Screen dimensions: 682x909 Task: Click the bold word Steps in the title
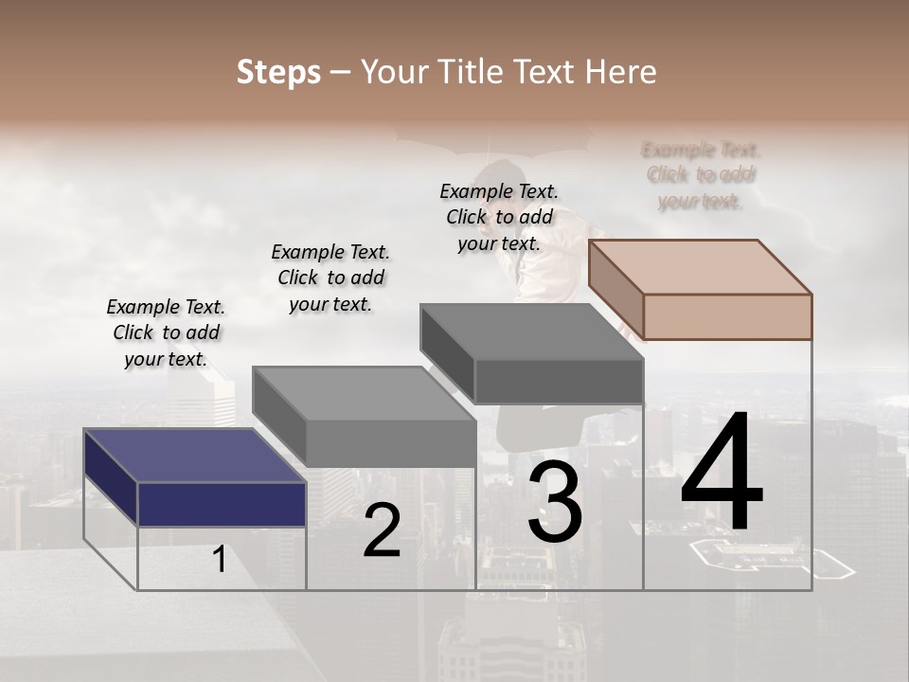(x=278, y=72)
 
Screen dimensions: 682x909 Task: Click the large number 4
(x=722, y=474)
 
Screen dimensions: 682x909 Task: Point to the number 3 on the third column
(x=555, y=502)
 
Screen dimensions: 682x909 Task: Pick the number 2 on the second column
(x=382, y=531)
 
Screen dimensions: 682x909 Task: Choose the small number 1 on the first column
(x=220, y=559)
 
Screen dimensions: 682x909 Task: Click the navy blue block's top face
(x=194, y=456)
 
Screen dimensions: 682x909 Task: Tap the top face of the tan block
(x=700, y=266)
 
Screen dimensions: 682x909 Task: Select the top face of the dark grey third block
(x=531, y=332)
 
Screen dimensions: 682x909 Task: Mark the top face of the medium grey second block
(x=364, y=393)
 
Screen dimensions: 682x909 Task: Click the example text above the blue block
(x=166, y=332)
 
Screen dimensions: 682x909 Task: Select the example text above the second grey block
(x=330, y=278)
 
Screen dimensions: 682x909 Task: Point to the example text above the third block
(x=499, y=217)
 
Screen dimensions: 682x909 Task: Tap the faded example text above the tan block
(x=701, y=175)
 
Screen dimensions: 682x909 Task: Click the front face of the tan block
(x=727, y=316)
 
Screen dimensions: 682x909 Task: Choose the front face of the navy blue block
(x=222, y=504)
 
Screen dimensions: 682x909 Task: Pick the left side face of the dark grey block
(x=447, y=354)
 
